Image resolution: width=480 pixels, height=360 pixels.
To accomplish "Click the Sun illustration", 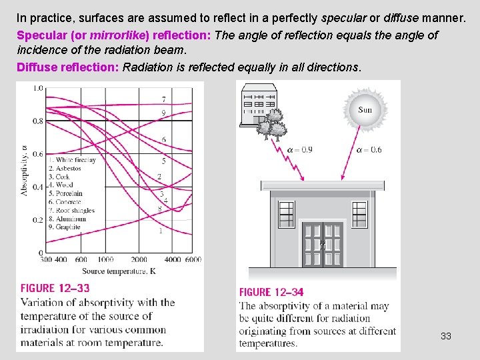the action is pos(365,110).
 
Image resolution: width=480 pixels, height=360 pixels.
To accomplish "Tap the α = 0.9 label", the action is pos(299,150).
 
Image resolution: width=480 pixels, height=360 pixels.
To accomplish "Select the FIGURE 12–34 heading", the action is pos(271,292).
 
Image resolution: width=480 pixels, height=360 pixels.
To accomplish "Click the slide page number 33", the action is pos(446,336).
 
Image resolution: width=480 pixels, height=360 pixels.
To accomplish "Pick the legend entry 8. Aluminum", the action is pos(67,219).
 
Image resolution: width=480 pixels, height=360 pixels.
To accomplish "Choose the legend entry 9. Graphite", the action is pos(64,227).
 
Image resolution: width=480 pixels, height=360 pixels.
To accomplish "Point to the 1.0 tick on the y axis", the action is pos(37,88).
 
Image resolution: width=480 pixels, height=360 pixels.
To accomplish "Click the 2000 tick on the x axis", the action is pos(139,259).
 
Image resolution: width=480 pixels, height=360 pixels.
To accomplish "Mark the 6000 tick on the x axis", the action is pos(193,259).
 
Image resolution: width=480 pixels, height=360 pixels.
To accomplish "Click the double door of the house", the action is pos(323,244).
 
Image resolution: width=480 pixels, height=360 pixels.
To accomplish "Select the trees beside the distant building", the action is pos(271,123).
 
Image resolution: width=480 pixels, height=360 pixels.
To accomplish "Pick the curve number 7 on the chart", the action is pos(163,99).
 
